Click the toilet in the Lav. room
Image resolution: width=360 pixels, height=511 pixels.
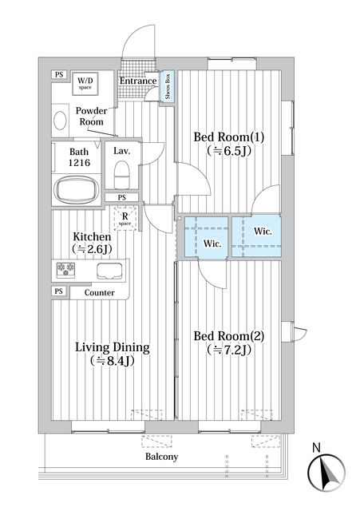[122, 173]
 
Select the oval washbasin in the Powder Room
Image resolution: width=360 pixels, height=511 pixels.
[60, 121]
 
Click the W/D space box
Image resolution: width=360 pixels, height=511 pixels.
[85, 83]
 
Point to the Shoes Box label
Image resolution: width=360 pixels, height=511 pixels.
[168, 86]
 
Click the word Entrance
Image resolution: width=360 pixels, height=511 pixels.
[138, 81]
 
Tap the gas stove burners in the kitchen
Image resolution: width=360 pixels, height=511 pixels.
[65, 270]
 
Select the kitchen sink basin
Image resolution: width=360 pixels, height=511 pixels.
[109, 271]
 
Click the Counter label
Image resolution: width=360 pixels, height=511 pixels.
[99, 293]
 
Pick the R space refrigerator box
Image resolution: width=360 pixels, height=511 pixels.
[125, 218]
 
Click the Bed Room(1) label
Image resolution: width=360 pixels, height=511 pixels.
[229, 137]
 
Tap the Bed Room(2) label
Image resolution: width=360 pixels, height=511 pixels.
[229, 335]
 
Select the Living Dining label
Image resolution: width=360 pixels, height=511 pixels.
[113, 347]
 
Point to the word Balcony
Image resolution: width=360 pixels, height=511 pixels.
[161, 457]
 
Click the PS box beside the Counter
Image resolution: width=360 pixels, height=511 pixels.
[58, 291]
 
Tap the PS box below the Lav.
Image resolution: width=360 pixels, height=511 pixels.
[121, 197]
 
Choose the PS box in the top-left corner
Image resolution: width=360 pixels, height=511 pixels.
[58, 74]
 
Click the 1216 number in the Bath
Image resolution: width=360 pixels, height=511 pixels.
[79, 163]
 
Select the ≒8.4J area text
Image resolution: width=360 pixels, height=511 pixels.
[113, 361]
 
